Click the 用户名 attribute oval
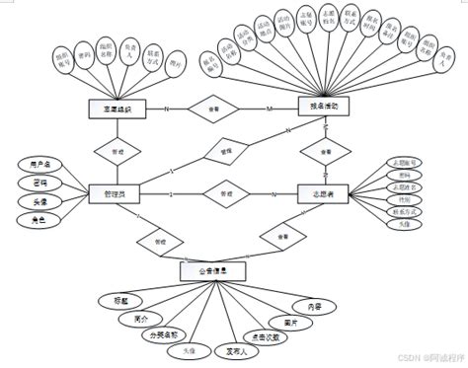40,164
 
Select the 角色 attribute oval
40,222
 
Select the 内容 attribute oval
313,308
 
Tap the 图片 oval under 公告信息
290,323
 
